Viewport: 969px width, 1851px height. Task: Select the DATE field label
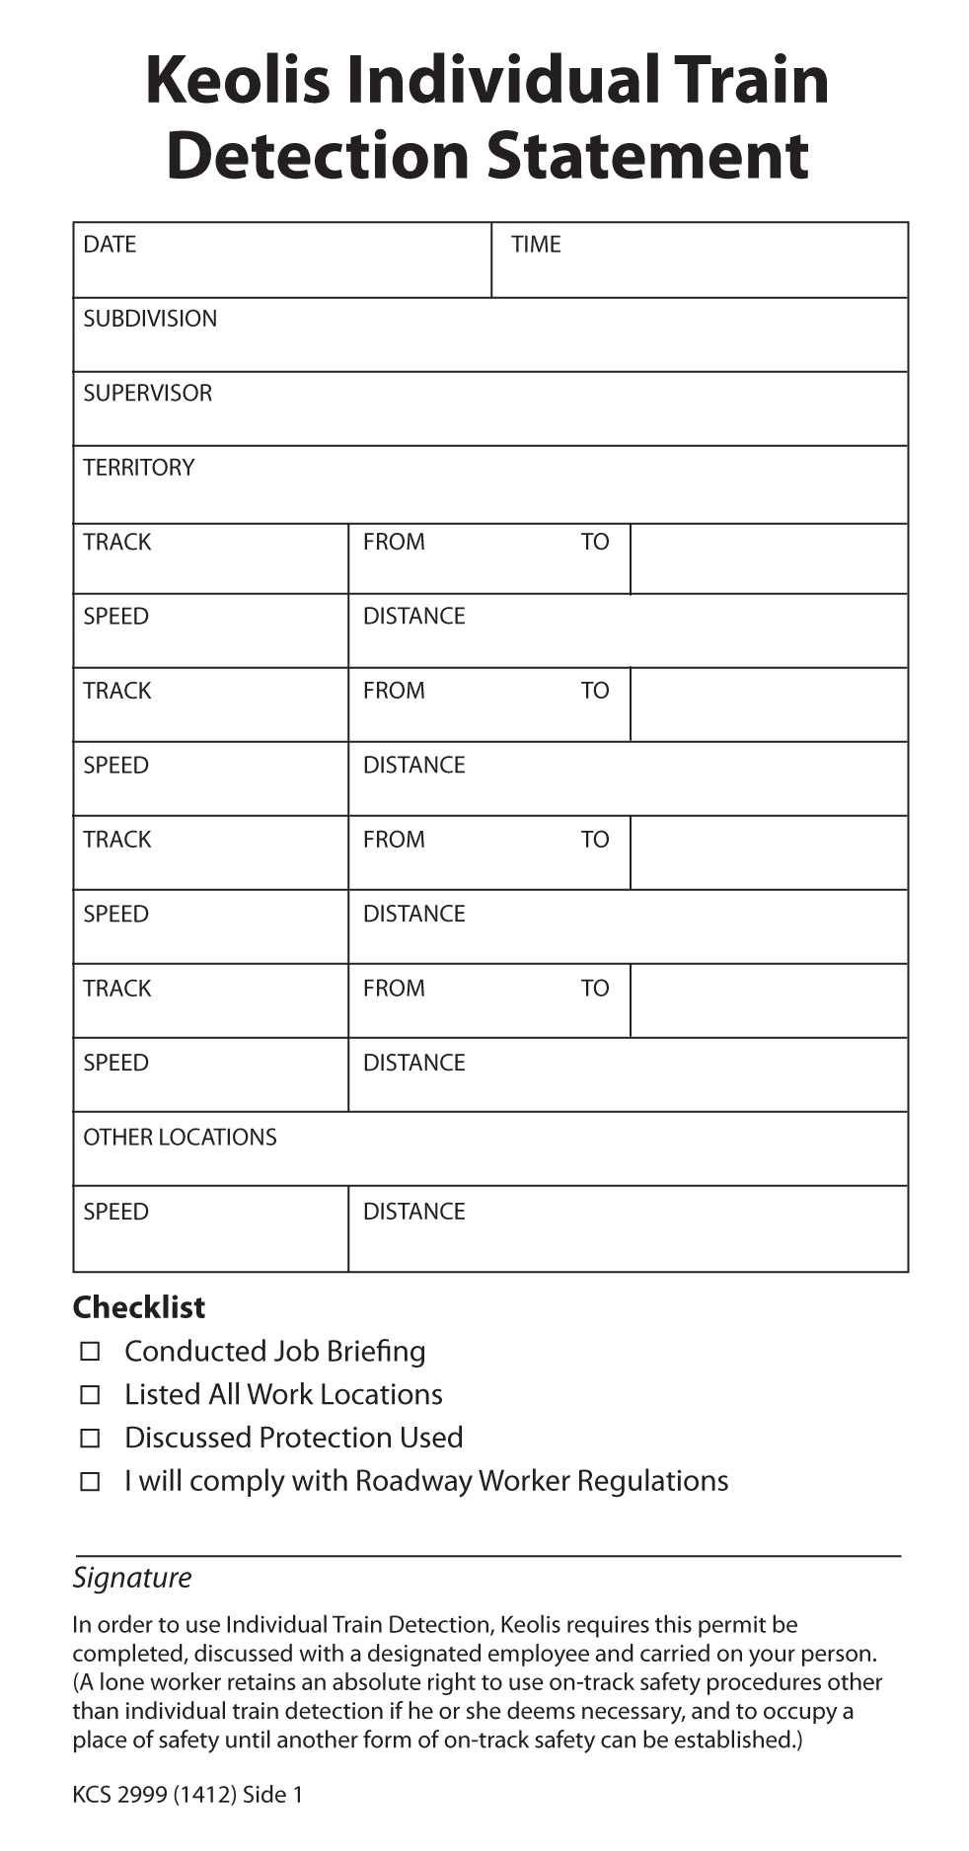coord(110,245)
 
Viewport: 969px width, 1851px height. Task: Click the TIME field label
coord(536,245)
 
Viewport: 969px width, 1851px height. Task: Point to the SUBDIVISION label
coord(150,319)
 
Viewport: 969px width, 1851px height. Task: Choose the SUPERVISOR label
coord(147,393)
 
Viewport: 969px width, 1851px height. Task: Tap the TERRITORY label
coord(138,468)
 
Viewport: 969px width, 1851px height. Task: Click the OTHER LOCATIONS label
coord(180,1137)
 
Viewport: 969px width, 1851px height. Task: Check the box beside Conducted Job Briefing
coord(90,1351)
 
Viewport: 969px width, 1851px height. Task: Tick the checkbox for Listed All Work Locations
coord(90,1394)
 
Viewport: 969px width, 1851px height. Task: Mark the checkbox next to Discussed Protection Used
coord(90,1438)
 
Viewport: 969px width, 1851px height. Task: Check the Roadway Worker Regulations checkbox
coord(90,1481)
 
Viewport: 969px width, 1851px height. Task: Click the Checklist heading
coord(139,1306)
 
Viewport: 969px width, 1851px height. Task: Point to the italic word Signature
coord(132,1577)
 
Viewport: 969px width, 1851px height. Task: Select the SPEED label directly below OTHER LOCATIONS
coord(115,1212)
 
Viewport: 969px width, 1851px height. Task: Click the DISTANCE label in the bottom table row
coord(413,1212)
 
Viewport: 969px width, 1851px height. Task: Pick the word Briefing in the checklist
coord(376,1352)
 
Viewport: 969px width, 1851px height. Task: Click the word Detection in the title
coord(317,156)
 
